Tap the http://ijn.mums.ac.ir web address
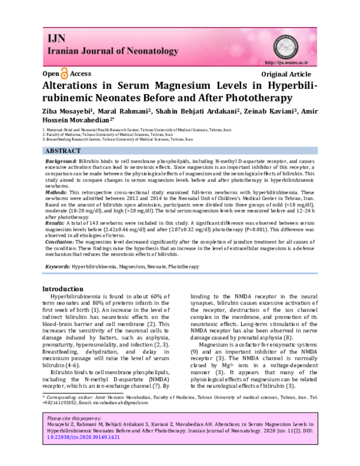coord(287,62)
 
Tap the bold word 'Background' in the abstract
coord(61,163)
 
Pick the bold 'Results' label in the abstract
coord(57,223)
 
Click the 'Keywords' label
coord(58,265)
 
